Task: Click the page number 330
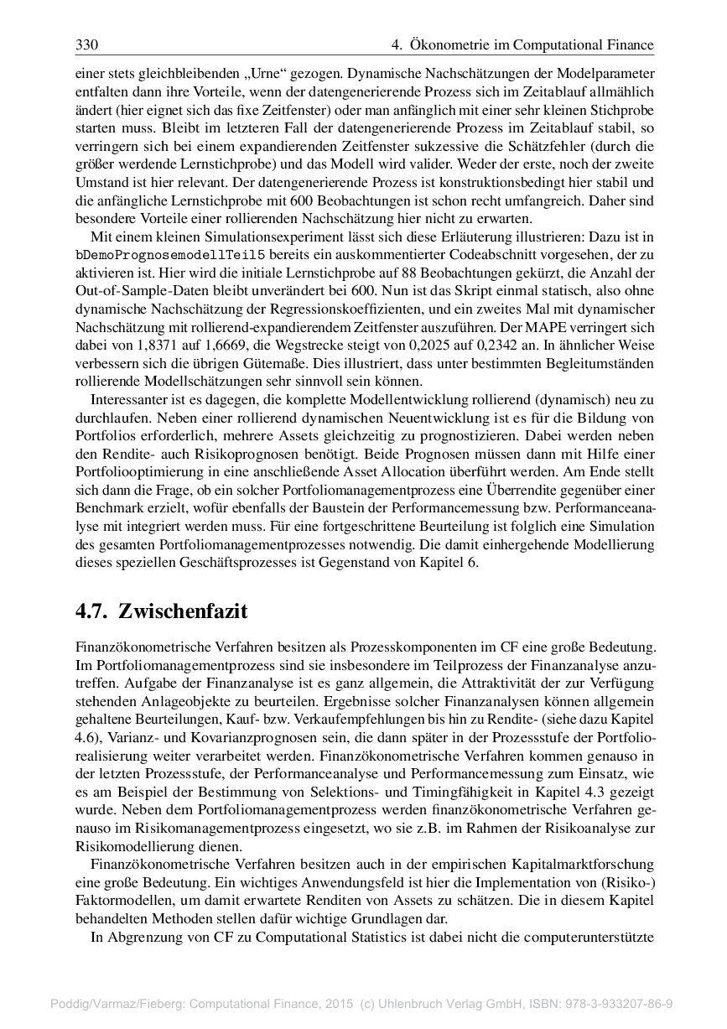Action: (87, 44)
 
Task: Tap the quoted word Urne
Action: (262, 73)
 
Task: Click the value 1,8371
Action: (164, 344)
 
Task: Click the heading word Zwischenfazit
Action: (184, 611)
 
